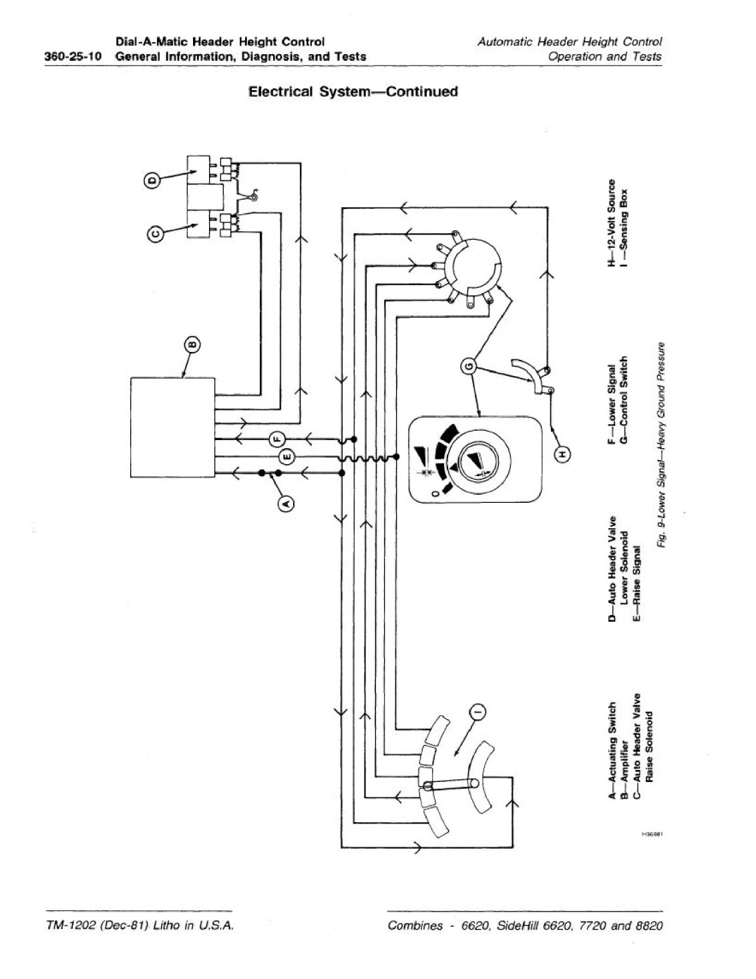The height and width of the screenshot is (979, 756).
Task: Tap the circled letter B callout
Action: click(x=193, y=345)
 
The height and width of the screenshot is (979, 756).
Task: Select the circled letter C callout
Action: click(x=154, y=233)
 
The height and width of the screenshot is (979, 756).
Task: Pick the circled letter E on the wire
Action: click(x=287, y=457)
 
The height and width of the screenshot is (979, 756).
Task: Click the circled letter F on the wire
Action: click(x=276, y=438)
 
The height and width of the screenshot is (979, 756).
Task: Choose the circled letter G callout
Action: click(x=469, y=365)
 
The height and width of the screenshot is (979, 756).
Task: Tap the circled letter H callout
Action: click(x=562, y=455)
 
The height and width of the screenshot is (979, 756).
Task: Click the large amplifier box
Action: click(x=172, y=427)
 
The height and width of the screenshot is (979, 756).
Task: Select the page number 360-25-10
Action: click(x=73, y=57)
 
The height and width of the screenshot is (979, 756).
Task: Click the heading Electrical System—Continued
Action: click(x=354, y=92)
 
